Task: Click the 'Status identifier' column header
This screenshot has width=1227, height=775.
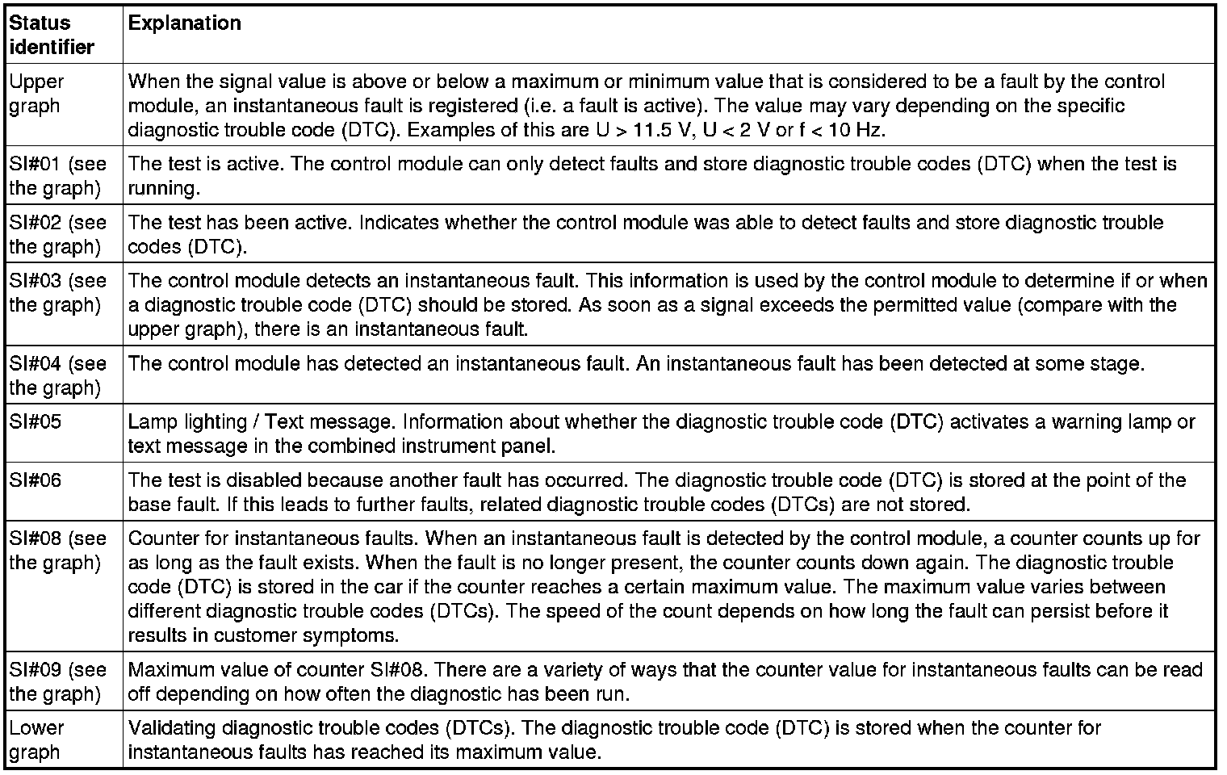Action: click(52, 35)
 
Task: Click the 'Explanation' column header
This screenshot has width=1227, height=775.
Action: click(184, 23)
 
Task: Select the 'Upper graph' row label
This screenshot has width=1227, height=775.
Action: click(37, 94)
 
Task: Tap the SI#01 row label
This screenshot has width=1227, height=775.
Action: click(57, 176)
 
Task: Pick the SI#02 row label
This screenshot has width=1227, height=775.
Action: click(57, 234)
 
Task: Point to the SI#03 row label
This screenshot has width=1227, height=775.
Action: click(57, 292)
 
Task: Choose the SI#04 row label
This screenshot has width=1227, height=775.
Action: click(57, 375)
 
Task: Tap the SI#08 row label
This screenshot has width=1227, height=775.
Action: click(57, 550)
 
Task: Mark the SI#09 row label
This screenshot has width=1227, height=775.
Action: click(57, 681)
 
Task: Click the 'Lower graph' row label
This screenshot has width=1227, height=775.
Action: click(37, 739)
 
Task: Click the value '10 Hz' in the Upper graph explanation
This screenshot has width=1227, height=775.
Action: click(858, 129)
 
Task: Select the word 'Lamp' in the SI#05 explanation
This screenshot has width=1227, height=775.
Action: click(152, 421)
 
